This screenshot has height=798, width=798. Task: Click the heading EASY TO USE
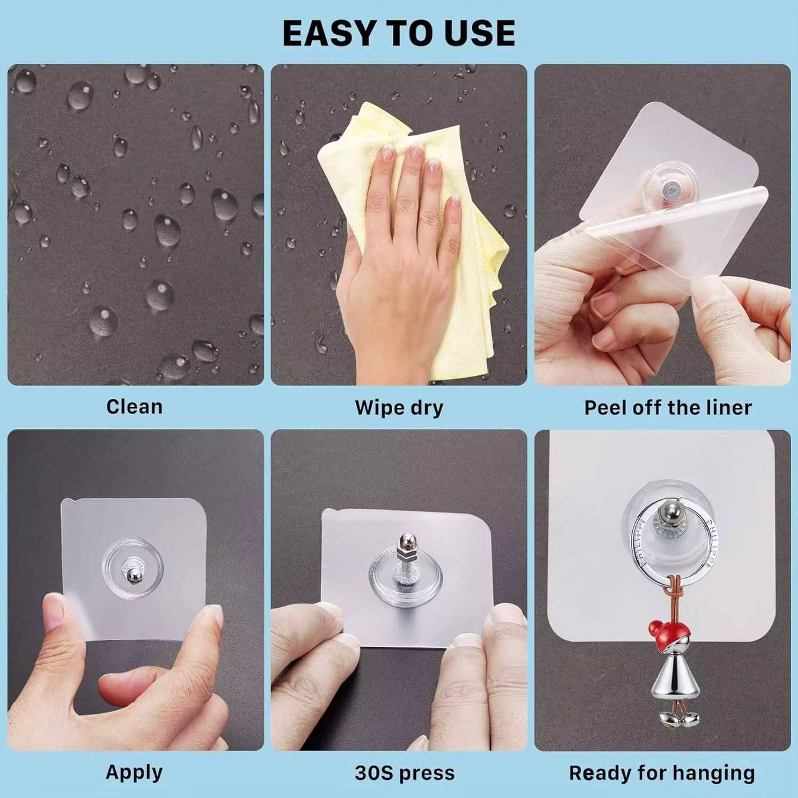[x=399, y=34]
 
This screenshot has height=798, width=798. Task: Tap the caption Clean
[x=134, y=406]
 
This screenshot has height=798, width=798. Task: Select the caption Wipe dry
[x=399, y=408]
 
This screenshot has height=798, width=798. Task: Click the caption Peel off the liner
[x=668, y=408]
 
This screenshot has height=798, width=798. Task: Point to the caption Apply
[x=134, y=772]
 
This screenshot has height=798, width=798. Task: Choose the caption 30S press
[x=405, y=773]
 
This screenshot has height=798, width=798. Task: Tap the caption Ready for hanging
[x=661, y=773]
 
